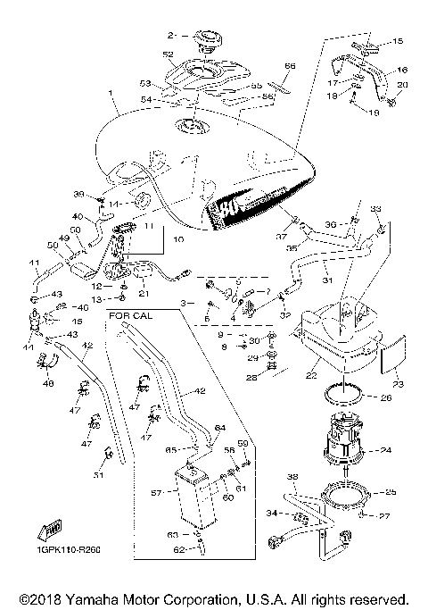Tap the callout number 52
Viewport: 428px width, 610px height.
coord(168,54)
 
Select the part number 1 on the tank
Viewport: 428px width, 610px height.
coord(110,94)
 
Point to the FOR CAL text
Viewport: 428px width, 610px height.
coord(131,315)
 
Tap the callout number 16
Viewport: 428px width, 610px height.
coord(401,69)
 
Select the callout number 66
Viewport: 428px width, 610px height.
coord(289,65)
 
